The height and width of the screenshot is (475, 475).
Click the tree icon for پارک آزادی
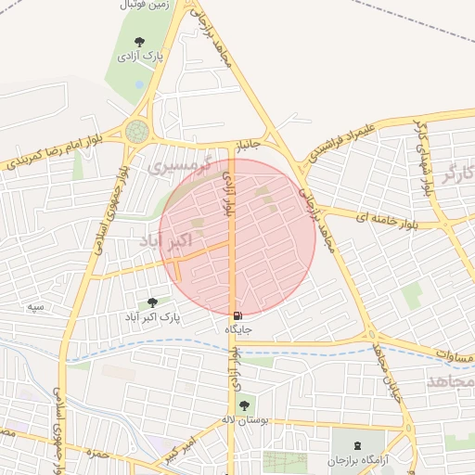[139, 42]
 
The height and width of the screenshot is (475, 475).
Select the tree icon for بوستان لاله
[244, 404]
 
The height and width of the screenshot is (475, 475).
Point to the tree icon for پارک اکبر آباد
[152, 302]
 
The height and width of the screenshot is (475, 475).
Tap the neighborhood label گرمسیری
[180, 168]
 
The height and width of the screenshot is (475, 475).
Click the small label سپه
[36, 306]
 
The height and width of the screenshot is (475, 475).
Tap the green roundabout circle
[137, 131]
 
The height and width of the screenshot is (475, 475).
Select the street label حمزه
[96, 454]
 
